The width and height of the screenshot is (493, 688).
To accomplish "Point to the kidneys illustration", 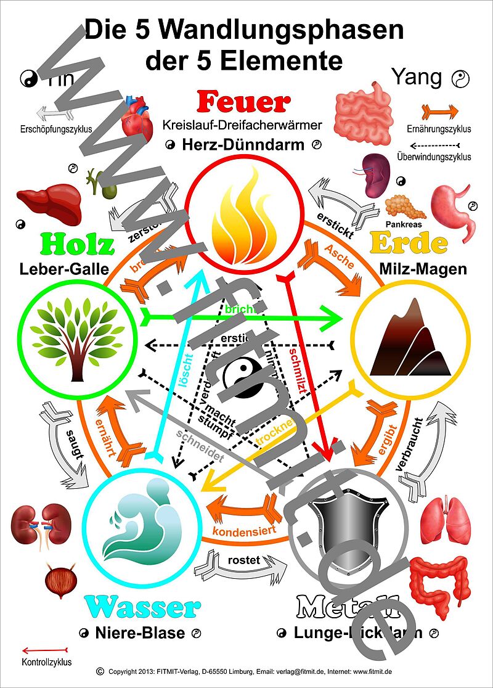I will (41, 524).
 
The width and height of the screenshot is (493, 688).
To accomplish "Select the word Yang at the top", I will (417, 77).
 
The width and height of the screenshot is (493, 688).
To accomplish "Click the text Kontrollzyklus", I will (46, 663).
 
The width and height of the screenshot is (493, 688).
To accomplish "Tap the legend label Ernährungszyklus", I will (439, 129).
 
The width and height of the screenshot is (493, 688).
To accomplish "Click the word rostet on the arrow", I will (243, 560).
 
